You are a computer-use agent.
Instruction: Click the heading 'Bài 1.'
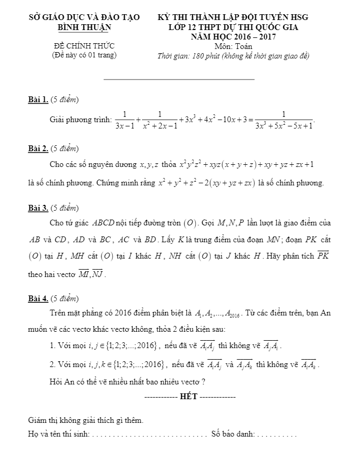[38, 98]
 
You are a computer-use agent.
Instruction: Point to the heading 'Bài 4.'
[38, 299]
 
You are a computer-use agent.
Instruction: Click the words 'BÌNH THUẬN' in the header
[84, 27]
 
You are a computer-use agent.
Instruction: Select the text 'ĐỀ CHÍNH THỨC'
[84, 46]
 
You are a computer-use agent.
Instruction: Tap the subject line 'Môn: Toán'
[233, 46]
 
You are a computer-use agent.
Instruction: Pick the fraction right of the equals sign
[284, 120]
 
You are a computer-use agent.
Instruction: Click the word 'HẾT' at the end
[188, 396]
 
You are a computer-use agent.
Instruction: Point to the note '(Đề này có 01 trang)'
[84, 55]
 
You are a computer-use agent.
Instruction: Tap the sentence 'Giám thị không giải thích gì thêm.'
[85, 420]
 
